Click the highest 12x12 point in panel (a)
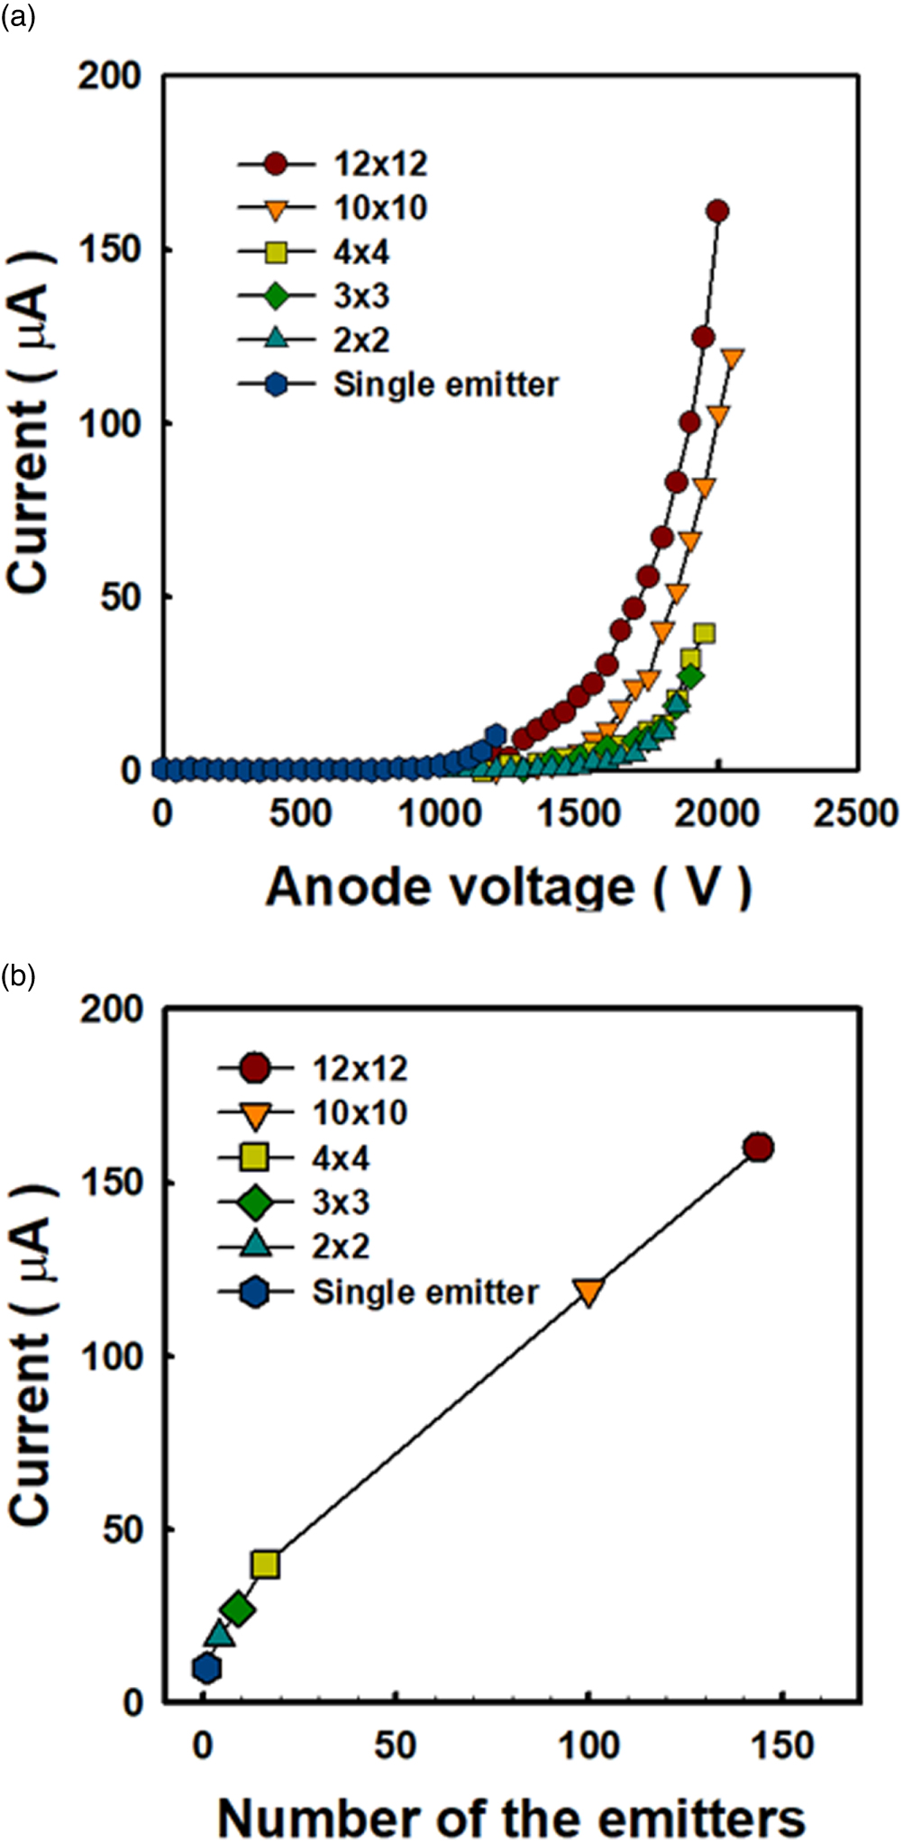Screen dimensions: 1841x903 coord(717,212)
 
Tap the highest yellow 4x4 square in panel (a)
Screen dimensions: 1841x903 coord(705,633)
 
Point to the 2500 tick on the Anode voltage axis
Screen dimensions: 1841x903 coord(855,813)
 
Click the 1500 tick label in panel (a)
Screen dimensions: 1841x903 coord(579,813)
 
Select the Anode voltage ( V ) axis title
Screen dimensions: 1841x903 coord(508,887)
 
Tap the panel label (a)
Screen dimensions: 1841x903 coord(17,17)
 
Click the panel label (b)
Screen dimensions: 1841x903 coord(17,975)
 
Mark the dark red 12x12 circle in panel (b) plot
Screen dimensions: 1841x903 coord(759,1147)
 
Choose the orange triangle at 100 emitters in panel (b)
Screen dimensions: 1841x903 coord(588,1292)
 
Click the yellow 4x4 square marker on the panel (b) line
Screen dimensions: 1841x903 coord(265,1564)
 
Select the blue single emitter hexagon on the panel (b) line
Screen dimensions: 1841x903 coord(206,1668)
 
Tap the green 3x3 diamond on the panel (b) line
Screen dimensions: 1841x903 coord(238,1609)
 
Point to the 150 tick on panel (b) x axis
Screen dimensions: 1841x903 coord(780,1746)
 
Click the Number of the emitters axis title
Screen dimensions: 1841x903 coord(511,1817)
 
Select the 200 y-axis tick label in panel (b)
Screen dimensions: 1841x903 coord(112,1009)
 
